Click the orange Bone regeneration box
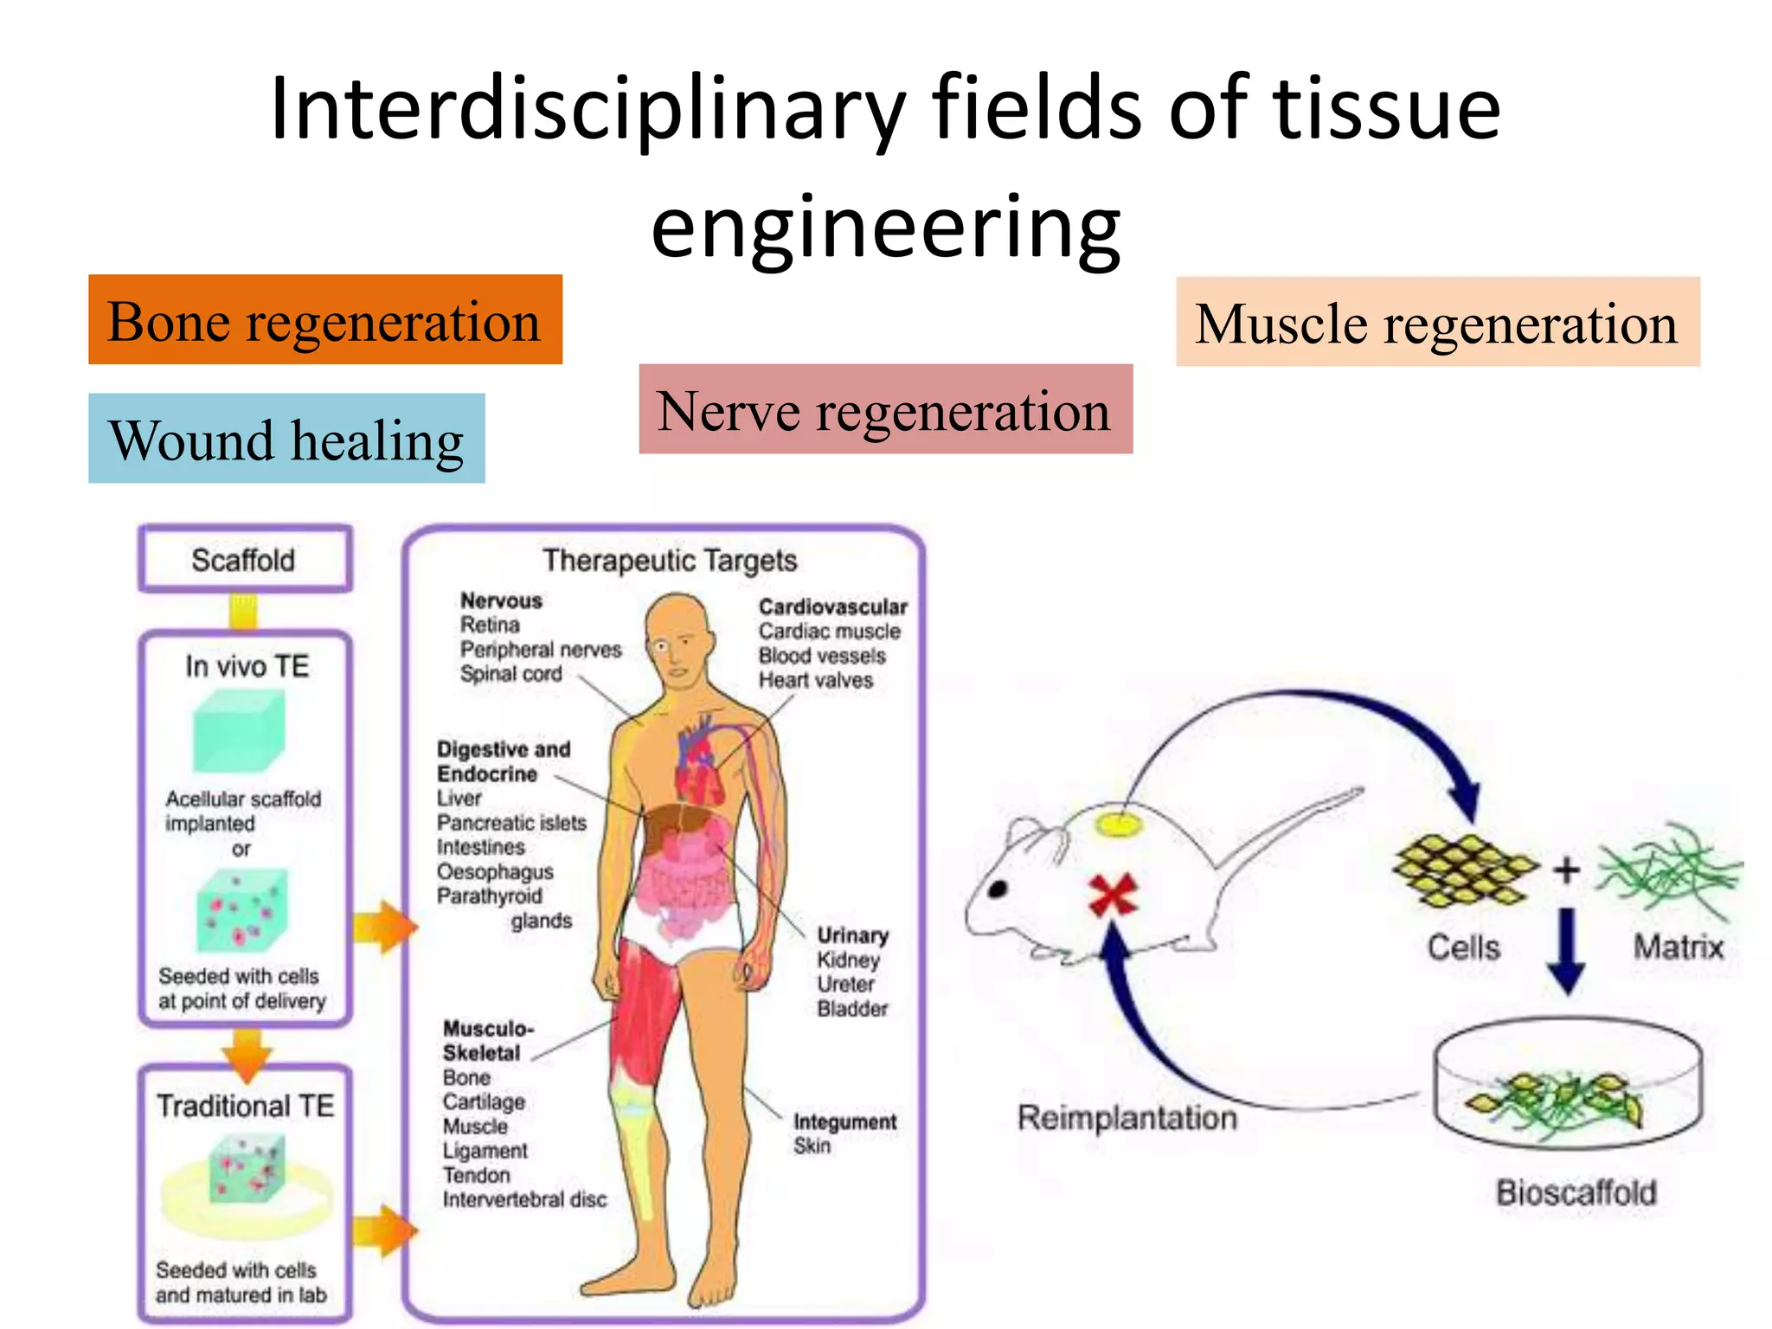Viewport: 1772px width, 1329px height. coord(324,320)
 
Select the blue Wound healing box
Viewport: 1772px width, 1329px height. coord(286,439)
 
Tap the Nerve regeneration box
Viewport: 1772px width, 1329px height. coord(885,409)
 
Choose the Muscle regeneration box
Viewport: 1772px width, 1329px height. coord(1437,322)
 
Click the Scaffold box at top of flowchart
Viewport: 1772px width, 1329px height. coord(244,560)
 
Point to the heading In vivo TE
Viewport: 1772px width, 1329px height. coord(247,666)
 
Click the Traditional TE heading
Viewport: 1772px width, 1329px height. coord(245,1106)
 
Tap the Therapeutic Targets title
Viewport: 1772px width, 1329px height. coord(670,561)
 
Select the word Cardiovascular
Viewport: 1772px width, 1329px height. coord(832,607)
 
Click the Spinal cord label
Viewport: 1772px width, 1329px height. coord(510,674)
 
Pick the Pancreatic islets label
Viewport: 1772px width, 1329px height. coord(511,823)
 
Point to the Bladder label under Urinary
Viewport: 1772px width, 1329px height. coord(852,1009)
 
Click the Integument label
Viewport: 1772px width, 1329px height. coord(844,1122)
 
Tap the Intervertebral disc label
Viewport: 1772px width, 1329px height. coord(524,1200)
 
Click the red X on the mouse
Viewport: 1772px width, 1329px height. coord(1112,895)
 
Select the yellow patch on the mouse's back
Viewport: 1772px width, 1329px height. coord(1119,825)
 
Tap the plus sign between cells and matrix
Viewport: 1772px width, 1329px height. coord(1566,870)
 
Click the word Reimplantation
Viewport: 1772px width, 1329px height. coord(1127,1118)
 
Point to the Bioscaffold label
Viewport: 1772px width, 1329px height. coord(1576,1193)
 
